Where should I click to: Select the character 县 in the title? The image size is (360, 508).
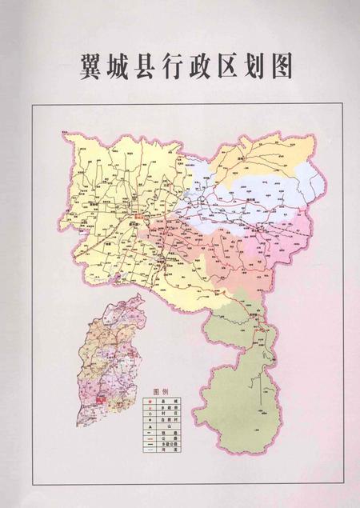pyautogui.click(x=149, y=67)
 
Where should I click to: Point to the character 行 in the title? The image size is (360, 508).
pyautogui.click(x=178, y=67)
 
